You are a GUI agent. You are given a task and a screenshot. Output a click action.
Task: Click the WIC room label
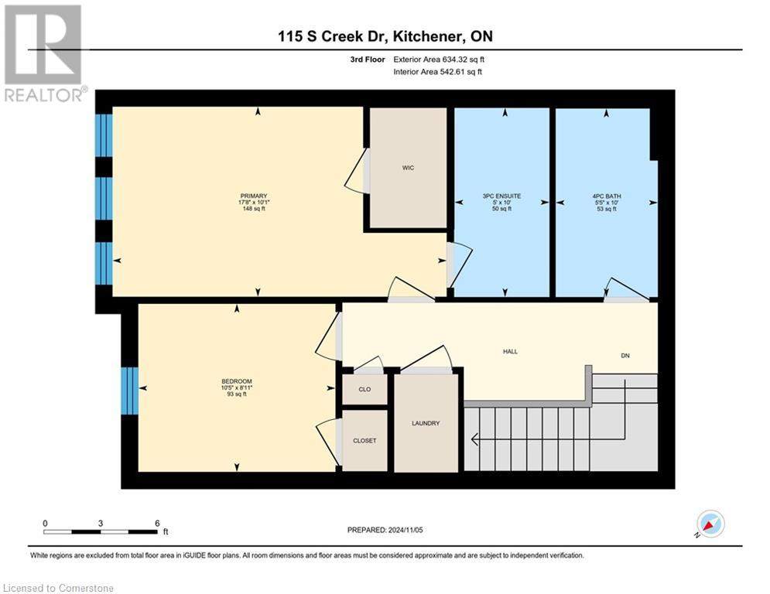(408, 168)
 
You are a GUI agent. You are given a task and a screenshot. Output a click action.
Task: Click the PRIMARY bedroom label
(253, 196)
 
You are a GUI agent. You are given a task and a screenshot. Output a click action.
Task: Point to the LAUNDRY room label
(426, 423)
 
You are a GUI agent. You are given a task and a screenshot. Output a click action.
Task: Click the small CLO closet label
(364, 389)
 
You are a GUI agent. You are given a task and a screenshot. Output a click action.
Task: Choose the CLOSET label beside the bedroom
(364, 440)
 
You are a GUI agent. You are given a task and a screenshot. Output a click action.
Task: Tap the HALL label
(510, 352)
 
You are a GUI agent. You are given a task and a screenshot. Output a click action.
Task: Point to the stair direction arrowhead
(474, 440)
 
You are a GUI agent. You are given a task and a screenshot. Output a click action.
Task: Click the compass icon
(710, 524)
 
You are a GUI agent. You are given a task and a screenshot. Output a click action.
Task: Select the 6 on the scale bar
(157, 523)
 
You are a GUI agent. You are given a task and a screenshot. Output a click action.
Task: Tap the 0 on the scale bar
(46, 523)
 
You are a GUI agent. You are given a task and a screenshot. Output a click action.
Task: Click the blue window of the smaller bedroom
(129, 390)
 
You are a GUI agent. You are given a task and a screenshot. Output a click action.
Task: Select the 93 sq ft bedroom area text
(235, 394)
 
